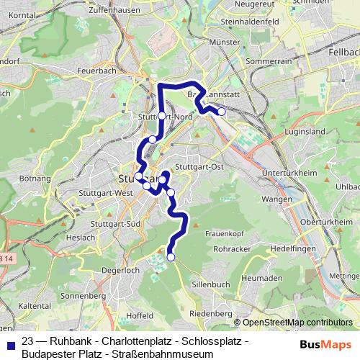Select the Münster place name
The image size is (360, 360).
[x=224, y=42]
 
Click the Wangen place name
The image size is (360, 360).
[x=277, y=199]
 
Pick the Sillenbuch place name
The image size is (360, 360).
[x=211, y=284]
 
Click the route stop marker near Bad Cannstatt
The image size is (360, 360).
[x=222, y=111]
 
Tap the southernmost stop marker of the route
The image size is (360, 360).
[x=171, y=256]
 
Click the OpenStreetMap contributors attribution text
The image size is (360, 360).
[x=296, y=323]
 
